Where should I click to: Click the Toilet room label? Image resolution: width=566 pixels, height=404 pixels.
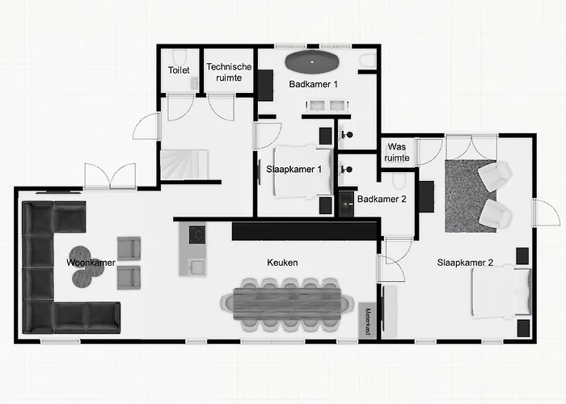click(x=179, y=71)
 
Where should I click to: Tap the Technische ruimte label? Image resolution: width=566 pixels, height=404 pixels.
click(x=229, y=72)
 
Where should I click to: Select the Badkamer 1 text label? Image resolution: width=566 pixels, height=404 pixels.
click(x=314, y=83)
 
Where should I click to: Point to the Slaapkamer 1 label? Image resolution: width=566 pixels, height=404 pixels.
click(x=294, y=169)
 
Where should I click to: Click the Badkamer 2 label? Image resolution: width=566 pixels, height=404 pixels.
click(x=381, y=199)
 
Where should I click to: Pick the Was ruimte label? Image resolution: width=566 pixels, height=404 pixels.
click(x=397, y=152)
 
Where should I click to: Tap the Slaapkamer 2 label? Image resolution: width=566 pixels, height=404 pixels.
click(x=465, y=262)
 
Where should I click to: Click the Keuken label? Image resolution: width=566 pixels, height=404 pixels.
click(x=283, y=263)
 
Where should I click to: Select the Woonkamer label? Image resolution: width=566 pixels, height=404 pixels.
click(x=91, y=263)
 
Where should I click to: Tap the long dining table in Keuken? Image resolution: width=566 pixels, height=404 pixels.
click(x=288, y=303)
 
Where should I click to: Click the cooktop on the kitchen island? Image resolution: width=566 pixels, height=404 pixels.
click(x=196, y=234)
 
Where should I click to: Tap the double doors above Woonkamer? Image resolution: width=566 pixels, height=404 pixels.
click(x=109, y=175)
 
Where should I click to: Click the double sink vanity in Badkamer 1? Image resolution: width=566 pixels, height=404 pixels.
click(x=327, y=106)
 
